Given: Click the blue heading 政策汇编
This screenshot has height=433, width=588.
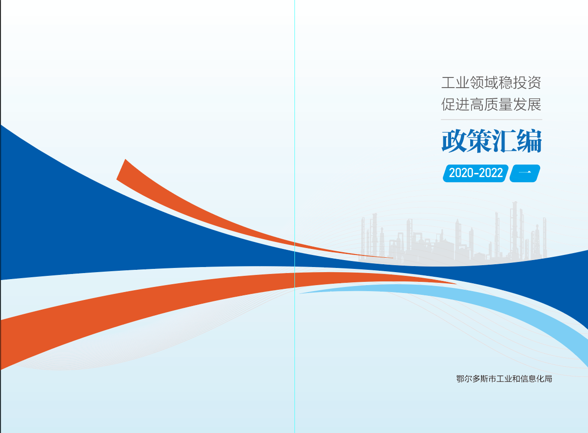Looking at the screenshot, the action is coord(492,141).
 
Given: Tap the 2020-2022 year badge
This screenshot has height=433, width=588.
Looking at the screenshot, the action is coord(476,173).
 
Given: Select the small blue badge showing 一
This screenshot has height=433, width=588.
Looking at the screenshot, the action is coord(525,173).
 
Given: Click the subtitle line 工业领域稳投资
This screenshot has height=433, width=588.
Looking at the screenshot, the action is coord(491,83).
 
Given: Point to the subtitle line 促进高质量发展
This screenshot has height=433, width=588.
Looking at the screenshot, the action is coord(491,104).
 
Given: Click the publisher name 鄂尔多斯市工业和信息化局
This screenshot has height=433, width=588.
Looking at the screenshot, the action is coord(504,379).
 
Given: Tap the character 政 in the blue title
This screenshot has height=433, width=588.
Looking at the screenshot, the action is coord(454,141).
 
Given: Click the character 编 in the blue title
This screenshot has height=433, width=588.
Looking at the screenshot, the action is coord(530,141).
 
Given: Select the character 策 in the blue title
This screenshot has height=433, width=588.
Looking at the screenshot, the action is coord(479,141).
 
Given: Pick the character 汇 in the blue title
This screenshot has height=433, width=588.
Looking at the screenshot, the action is coord(504,141).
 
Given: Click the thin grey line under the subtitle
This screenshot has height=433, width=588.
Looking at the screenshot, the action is coord(492,120).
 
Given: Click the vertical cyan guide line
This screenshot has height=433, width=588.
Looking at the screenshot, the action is coord(294,216).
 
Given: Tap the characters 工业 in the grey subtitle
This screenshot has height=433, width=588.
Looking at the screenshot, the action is coord(455,83).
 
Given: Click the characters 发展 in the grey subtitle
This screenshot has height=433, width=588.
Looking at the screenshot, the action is coord(527,104).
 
